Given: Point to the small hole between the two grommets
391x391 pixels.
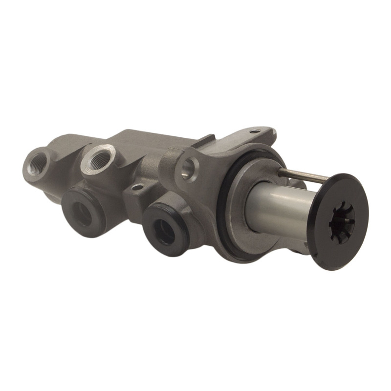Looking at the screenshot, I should (138, 187).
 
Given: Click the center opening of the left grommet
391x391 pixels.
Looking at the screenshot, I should (82, 213).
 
